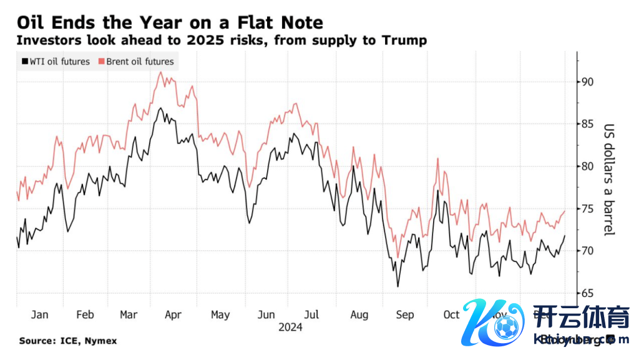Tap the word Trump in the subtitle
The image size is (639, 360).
click(x=404, y=41)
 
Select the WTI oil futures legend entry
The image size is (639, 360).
click(x=56, y=62)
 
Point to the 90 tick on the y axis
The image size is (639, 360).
click(x=587, y=82)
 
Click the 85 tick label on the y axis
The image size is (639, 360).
click(x=587, y=124)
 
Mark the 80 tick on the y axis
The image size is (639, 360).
click(x=587, y=167)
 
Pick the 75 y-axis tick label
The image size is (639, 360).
click(x=587, y=209)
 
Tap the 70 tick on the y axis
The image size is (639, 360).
click(x=587, y=251)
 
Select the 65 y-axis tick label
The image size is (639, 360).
click(x=587, y=293)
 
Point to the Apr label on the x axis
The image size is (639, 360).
click(x=173, y=315)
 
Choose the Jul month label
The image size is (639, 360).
click(x=311, y=315)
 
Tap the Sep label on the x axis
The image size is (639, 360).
click(x=404, y=315)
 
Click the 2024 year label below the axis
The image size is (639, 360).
click(x=290, y=328)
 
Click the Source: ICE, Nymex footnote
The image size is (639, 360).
click(x=67, y=341)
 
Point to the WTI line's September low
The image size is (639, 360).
click(x=398, y=286)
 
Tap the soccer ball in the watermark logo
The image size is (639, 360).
click(x=506, y=324)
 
